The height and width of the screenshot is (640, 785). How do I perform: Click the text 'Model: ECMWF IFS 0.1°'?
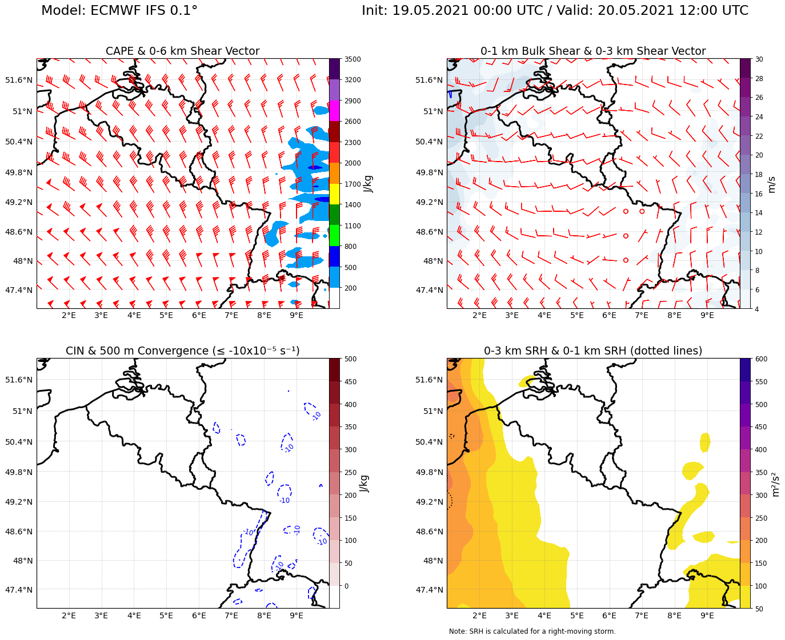(119, 11)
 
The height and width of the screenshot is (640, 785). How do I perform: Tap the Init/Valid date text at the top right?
(555, 11)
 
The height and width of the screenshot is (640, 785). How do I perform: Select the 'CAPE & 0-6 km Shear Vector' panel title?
(182, 51)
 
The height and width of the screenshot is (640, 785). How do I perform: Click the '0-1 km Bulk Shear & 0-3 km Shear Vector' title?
(592, 51)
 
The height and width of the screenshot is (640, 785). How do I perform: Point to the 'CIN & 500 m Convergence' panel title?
(182, 351)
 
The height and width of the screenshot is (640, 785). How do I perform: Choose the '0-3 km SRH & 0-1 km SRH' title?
(592, 351)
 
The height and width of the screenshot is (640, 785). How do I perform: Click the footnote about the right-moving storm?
(532, 631)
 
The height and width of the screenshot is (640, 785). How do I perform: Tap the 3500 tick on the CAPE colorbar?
(353, 59)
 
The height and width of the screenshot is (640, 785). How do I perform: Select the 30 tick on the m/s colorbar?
(759, 59)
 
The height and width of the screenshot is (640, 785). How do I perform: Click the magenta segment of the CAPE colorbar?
(334, 111)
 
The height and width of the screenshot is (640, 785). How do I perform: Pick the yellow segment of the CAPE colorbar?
(334, 194)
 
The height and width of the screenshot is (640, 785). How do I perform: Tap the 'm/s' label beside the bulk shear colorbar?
(772, 184)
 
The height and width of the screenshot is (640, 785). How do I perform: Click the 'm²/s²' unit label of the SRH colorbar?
(775, 484)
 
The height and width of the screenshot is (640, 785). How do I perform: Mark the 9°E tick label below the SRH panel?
(707, 615)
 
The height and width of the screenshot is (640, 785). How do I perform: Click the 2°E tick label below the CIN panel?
(69, 615)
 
